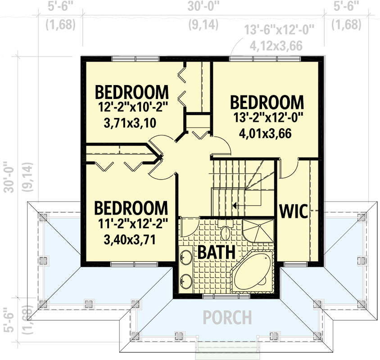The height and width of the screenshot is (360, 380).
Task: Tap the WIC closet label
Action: point(294,211)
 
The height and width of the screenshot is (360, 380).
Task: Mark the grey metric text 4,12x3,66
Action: point(276,45)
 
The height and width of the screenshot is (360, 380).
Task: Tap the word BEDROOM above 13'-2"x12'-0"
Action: point(267,102)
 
